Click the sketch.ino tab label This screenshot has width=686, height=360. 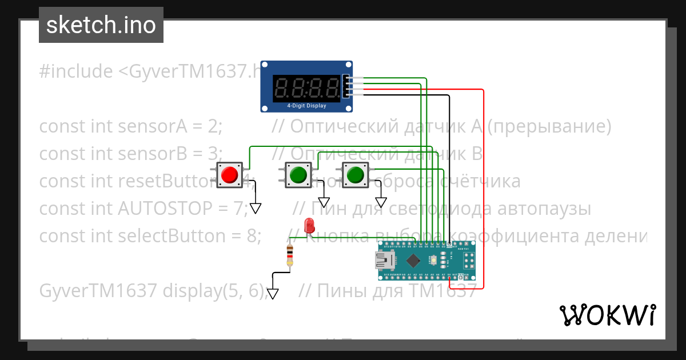(101, 25)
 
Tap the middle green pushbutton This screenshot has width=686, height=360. (298, 174)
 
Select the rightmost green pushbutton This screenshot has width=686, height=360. (355, 174)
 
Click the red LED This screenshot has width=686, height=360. (309, 225)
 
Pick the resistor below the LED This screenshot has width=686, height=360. (290, 255)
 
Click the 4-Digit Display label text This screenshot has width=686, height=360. (306, 106)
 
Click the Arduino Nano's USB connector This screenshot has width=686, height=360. (385, 261)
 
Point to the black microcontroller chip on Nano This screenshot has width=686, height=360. (412, 261)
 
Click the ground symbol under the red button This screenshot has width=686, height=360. (256, 208)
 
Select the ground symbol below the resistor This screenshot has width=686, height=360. (273, 293)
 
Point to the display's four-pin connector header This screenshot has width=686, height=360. (346, 86)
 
